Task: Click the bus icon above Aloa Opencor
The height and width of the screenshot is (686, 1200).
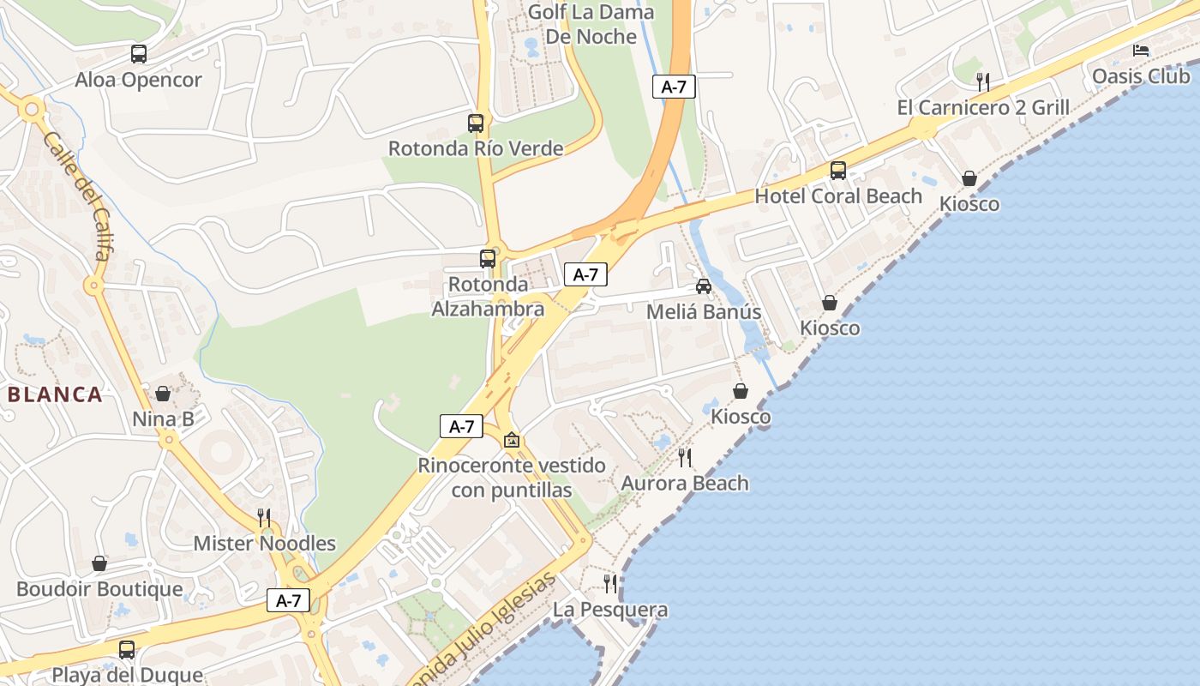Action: click(139, 54)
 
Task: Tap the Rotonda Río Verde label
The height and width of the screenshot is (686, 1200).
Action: click(476, 148)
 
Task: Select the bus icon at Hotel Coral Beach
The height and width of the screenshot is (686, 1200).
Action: click(838, 171)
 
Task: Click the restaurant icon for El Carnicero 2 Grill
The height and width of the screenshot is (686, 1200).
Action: click(983, 82)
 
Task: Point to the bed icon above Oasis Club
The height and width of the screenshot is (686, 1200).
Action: click(1141, 51)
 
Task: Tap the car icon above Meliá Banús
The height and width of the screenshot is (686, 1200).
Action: click(704, 286)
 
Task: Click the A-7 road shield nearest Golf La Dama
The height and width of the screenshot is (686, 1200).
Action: click(674, 87)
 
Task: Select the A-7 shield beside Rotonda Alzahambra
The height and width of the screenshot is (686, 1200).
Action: click(585, 274)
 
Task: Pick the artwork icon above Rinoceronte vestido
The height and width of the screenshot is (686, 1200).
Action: click(512, 440)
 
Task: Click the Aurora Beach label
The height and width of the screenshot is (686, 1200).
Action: click(684, 483)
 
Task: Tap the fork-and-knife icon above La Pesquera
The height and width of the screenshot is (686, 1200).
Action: click(610, 584)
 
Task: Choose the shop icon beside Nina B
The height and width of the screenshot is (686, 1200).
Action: click(163, 394)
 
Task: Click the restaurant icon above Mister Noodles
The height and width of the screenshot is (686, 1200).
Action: click(264, 517)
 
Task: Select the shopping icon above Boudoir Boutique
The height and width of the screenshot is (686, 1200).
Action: click(99, 563)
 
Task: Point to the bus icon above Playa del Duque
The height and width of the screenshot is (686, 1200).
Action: click(127, 649)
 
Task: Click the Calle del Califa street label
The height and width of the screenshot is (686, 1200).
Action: click(76, 196)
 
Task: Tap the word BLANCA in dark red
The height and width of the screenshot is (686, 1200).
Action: click(56, 394)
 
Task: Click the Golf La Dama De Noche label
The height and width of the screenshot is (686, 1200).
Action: click(591, 24)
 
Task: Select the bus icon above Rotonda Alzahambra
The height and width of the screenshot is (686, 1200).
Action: click(488, 258)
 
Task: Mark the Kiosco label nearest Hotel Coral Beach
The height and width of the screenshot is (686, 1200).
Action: click(969, 204)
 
